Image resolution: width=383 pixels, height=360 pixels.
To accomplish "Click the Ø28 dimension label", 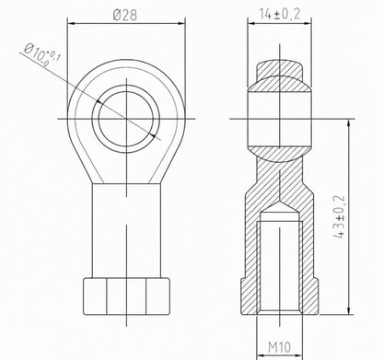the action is (x=124, y=15).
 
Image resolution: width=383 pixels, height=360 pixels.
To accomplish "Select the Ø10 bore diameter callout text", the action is (x=42, y=55).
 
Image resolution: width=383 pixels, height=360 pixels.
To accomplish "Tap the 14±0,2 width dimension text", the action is (x=280, y=14).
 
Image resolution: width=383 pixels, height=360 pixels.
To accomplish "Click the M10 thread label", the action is (x=279, y=347).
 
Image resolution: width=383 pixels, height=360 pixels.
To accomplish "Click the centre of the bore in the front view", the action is (x=126, y=119).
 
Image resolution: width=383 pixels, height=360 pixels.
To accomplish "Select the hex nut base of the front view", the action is (x=126, y=296).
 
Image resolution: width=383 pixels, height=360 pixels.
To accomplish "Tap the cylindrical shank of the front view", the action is (x=126, y=230).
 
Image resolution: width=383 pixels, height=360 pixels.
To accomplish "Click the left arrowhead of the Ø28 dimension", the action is (x=71, y=23).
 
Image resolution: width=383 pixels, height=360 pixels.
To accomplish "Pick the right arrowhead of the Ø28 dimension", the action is (x=181, y=23).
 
